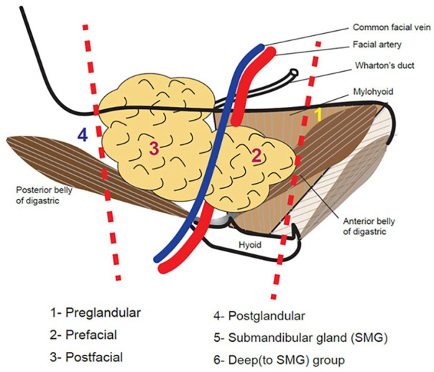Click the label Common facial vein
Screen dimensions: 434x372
click(392, 27)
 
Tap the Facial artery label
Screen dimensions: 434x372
click(377, 45)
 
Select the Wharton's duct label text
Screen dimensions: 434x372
click(384, 65)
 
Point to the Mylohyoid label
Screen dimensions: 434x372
click(373, 91)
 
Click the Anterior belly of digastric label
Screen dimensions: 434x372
click(369, 226)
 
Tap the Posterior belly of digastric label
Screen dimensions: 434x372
click(44, 195)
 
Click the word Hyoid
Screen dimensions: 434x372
click(250, 245)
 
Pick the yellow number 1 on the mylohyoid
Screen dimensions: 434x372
click(318, 115)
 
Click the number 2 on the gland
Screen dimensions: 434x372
click(257, 155)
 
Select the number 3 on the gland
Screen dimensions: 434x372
click(154, 148)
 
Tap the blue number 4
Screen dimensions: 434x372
click(83, 135)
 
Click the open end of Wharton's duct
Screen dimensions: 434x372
click(294, 73)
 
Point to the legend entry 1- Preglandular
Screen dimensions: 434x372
click(96, 313)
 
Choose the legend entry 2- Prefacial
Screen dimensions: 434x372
click(83, 335)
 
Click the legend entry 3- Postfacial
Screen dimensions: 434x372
click(86, 357)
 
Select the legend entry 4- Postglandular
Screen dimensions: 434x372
click(259, 316)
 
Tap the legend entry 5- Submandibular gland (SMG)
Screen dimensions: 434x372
click(300, 338)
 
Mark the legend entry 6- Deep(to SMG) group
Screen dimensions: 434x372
click(279, 360)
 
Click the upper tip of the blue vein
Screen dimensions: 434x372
click(261, 47)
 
